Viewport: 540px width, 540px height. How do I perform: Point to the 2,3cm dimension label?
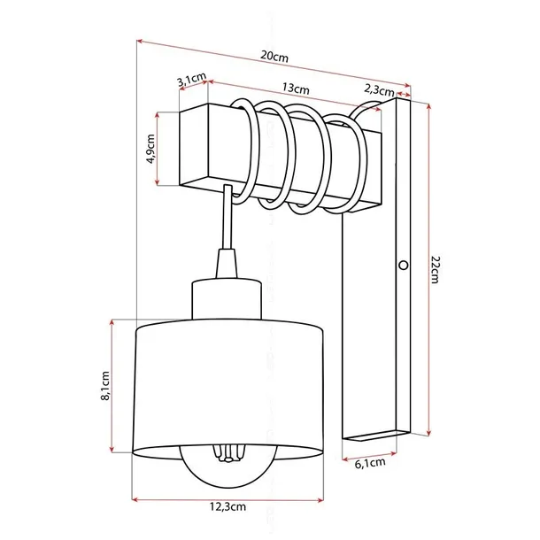[x=378, y=88]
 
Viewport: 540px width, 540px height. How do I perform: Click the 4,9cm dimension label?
[x=151, y=149]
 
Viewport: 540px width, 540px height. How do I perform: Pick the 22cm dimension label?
[x=434, y=266]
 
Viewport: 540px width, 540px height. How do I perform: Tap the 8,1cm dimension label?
[x=104, y=386]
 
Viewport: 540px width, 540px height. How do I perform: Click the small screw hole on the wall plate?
[x=404, y=265]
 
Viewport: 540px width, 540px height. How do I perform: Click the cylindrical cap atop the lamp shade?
[x=227, y=299]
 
